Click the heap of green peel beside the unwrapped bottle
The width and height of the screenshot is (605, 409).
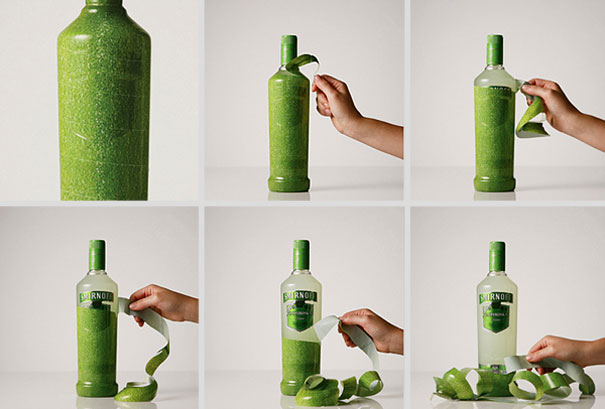(480, 383)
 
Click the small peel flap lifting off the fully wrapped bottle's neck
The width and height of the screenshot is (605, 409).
(303, 61)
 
